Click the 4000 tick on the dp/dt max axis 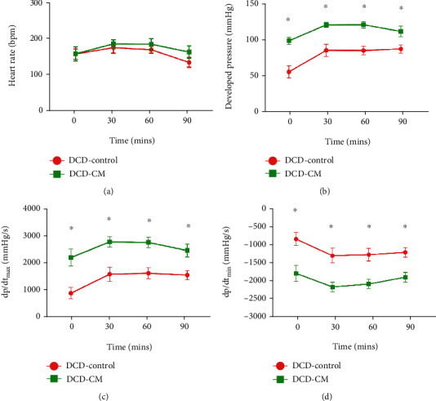[36, 209]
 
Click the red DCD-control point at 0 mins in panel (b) [289, 72]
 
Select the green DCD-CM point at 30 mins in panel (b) [326, 25]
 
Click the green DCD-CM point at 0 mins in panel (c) [71, 257]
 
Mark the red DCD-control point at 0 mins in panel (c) [71, 293]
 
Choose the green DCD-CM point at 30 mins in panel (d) [331, 287]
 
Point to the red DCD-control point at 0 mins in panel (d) [296, 239]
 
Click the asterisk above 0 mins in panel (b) [288, 20]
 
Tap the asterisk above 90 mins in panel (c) [189, 227]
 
